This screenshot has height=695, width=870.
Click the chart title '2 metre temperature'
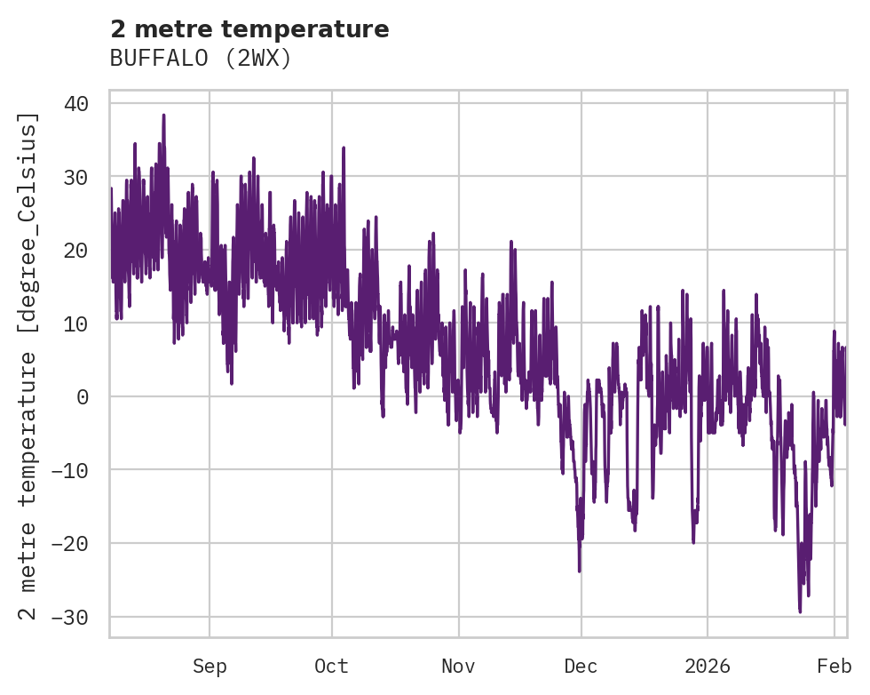(x=249, y=29)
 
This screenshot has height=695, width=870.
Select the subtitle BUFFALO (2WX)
(x=201, y=59)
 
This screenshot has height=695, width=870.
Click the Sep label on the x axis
(x=210, y=667)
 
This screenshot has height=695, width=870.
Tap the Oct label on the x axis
(x=331, y=667)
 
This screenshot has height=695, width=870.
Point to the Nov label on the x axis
(x=459, y=667)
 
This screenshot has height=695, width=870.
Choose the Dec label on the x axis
(x=581, y=667)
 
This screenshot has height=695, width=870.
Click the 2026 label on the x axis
(x=708, y=667)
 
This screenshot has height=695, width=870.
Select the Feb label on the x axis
(x=834, y=667)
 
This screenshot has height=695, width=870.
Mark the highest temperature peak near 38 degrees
(x=163, y=116)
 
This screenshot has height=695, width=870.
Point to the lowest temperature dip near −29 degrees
(x=800, y=611)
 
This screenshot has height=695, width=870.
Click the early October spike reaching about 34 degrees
(x=344, y=148)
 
